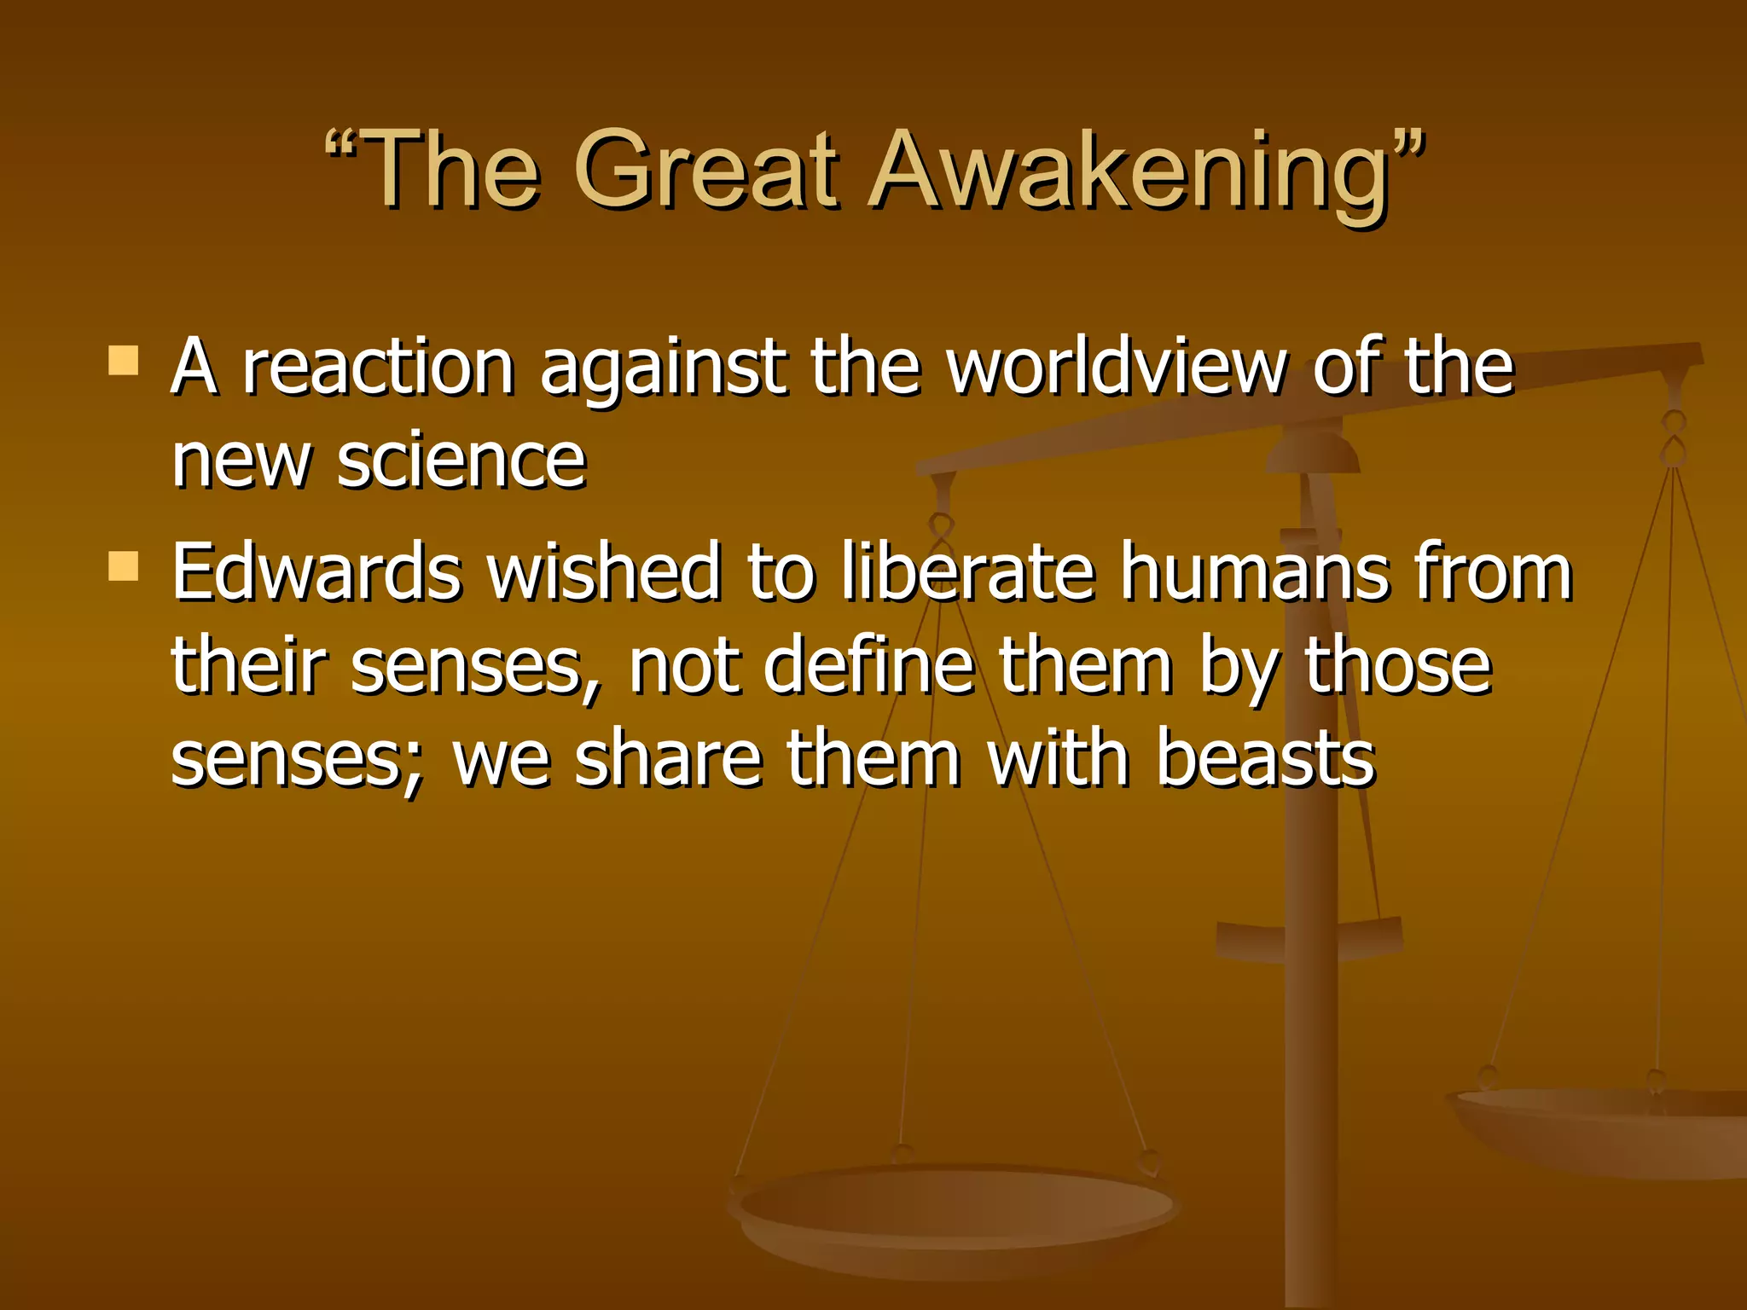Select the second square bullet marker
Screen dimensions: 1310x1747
click(124, 565)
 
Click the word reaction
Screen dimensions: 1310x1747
click(379, 368)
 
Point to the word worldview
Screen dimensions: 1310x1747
click(1117, 368)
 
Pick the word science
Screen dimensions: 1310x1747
click(461, 461)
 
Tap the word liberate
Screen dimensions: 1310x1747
click(967, 572)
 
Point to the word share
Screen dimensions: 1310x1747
click(669, 758)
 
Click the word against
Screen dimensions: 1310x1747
click(663, 368)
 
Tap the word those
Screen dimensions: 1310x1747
click(1398, 666)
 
